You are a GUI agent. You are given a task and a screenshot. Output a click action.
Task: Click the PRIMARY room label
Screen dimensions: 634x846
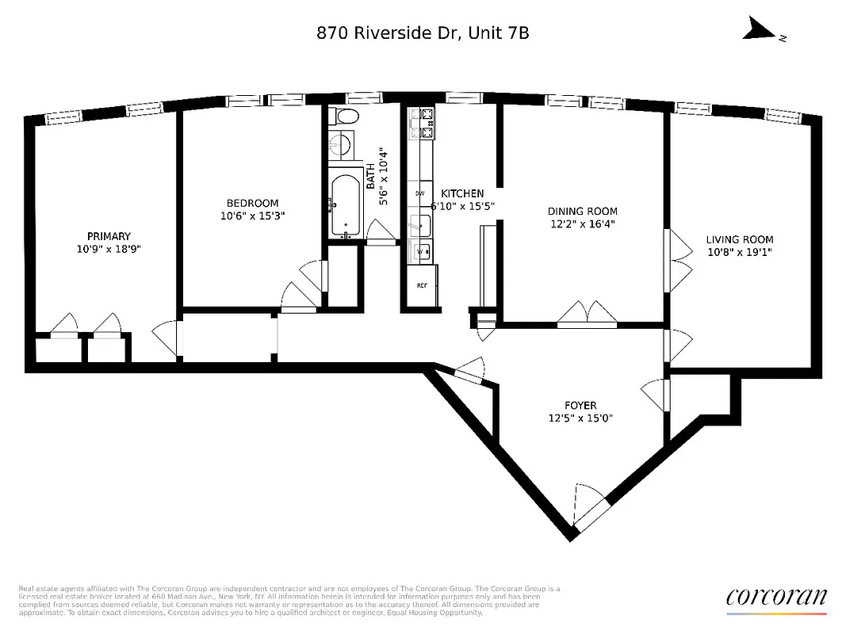pos(109,236)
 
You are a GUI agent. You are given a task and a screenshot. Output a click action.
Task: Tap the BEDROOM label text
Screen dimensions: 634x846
pos(250,203)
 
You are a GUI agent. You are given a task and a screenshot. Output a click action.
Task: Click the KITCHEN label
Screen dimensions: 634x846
pos(462,193)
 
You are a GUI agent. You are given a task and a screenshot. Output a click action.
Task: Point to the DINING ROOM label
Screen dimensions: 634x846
pos(582,211)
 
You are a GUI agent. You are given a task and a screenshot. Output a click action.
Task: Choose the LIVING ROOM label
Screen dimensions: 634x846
pos(740,239)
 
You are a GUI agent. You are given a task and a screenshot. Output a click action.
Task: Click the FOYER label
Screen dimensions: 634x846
pos(581,405)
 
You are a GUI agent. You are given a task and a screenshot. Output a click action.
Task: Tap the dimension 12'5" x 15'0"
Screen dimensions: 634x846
pos(581,418)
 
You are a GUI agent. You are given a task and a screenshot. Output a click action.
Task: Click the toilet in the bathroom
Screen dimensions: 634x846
pos(345,117)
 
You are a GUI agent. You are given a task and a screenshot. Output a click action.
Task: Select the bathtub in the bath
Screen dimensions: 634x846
pos(345,204)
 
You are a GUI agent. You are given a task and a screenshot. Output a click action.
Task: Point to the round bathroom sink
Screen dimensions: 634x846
pos(342,147)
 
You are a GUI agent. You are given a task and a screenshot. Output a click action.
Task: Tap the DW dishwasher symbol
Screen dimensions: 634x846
pos(419,193)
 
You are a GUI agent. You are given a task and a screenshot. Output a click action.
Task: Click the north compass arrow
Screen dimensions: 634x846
pos(761,32)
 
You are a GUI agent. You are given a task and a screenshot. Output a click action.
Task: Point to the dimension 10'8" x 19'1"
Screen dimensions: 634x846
pos(740,252)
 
